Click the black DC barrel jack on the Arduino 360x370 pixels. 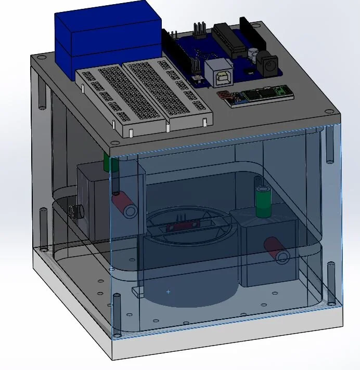[267, 65]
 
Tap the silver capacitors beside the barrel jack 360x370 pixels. [253, 54]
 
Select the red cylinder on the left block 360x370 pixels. [125, 204]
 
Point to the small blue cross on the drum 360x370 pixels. [168, 292]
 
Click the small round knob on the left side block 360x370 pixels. [76, 212]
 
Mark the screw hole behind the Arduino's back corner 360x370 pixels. [243, 20]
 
